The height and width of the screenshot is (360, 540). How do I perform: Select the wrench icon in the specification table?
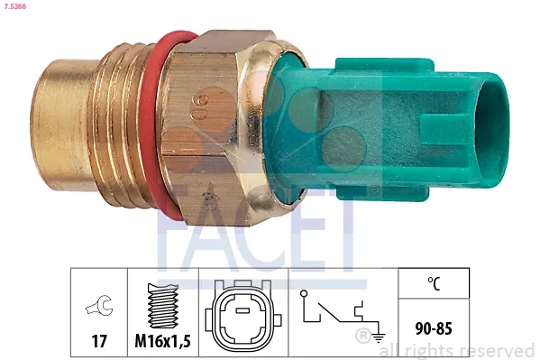click(98, 308)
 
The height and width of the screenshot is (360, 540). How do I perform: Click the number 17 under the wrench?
click(98, 341)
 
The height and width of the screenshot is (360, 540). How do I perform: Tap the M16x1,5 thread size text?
click(162, 341)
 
